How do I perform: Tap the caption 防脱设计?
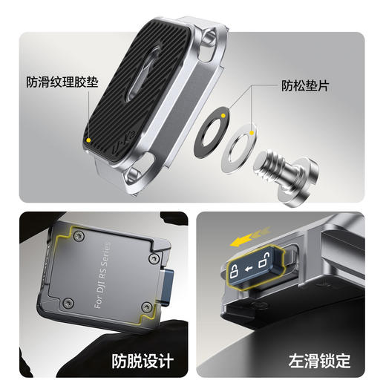[143, 362]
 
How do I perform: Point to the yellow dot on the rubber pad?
[89, 138]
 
